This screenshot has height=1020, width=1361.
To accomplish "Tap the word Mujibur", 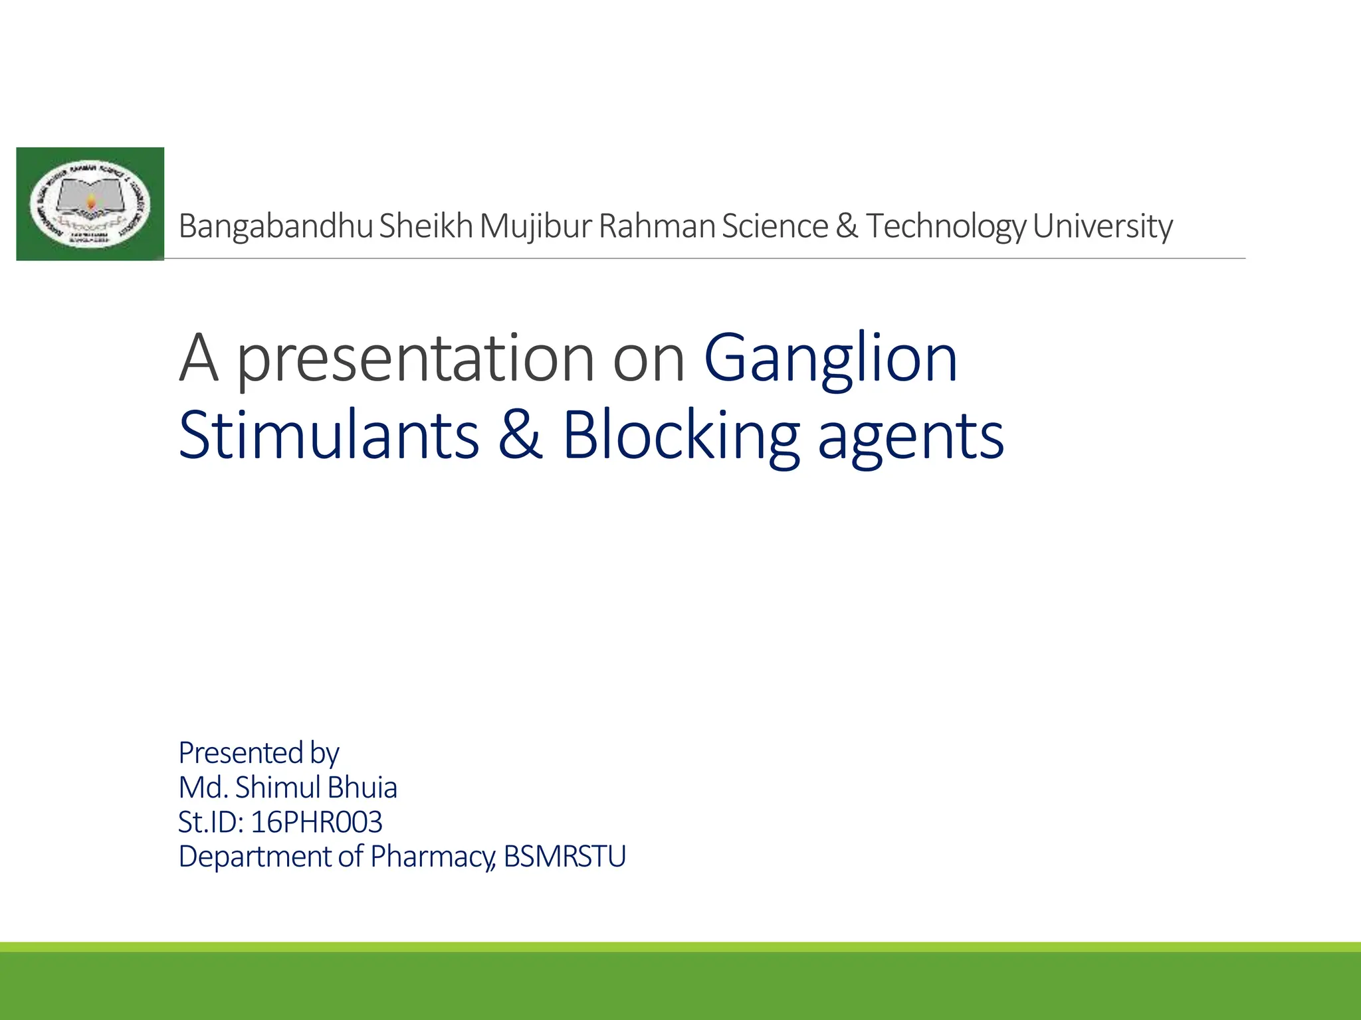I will [x=536, y=226].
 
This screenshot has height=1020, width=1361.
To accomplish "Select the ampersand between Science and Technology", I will [x=847, y=226].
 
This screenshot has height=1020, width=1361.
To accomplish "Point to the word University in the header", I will [x=1102, y=226].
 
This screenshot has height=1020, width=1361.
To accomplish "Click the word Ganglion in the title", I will [x=831, y=359].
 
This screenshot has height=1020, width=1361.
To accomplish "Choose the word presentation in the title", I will [x=415, y=359].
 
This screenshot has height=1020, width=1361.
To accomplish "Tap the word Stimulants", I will [x=329, y=435].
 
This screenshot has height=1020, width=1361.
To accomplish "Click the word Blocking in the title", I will [x=681, y=435].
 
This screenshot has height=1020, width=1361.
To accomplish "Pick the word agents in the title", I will [x=910, y=435].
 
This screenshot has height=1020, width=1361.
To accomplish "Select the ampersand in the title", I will [x=520, y=435].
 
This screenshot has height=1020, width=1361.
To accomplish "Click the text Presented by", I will [x=259, y=753].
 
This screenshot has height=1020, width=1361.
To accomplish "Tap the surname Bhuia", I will [x=362, y=788].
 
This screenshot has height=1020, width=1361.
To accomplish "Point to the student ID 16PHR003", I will [x=316, y=822].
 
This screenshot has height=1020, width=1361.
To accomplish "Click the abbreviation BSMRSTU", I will [x=565, y=857].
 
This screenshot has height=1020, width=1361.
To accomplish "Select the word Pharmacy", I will [x=433, y=857].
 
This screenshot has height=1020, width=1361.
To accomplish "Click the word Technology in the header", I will [x=946, y=226].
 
